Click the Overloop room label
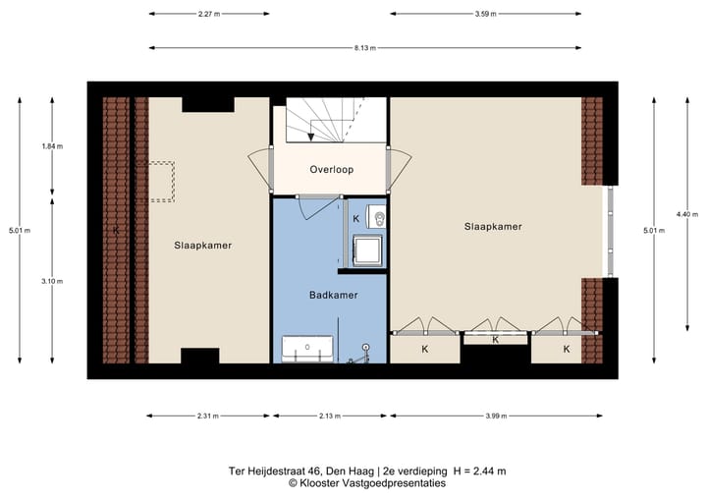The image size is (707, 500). (x=331, y=169)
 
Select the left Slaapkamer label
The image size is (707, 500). (x=203, y=246)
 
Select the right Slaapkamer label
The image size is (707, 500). (x=492, y=226)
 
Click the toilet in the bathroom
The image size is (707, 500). (x=377, y=216)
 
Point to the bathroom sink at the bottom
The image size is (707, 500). (x=307, y=349)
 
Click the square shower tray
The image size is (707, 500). (x=368, y=250)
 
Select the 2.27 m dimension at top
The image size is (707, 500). (x=208, y=14)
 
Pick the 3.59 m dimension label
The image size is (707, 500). (x=486, y=14)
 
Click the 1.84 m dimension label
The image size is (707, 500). (x=52, y=146)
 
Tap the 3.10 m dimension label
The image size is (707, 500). (x=52, y=281)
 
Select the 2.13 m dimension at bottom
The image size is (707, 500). (x=330, y=416)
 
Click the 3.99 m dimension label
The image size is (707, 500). (x=496, y=416)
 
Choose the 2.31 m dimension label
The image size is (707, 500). (x=207, y=416)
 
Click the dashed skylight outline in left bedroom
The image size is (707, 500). (x=156, y=181)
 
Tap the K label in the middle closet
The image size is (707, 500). (x=495, y=340)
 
